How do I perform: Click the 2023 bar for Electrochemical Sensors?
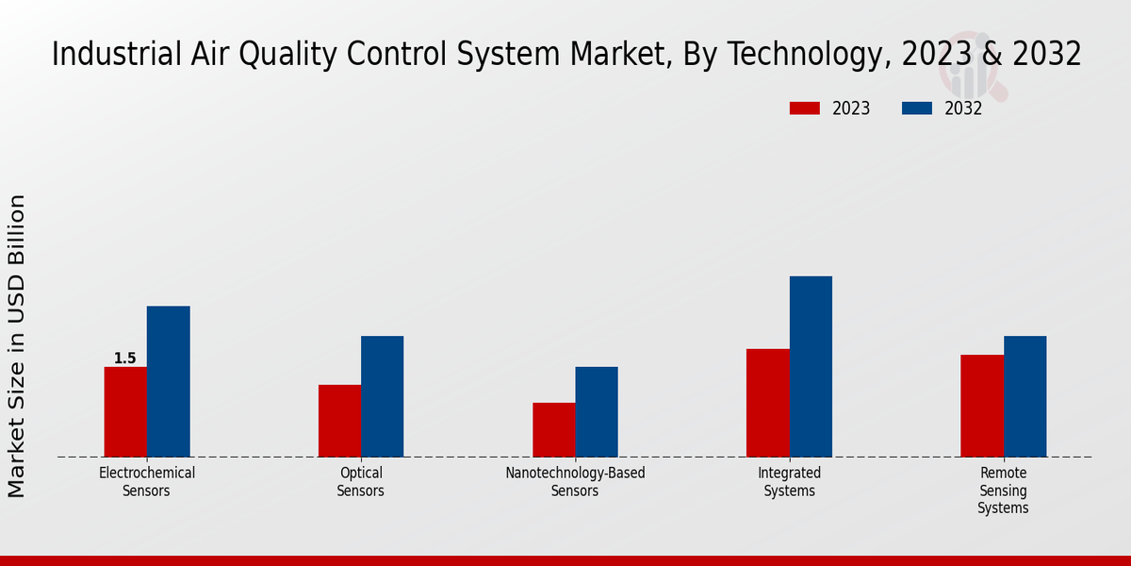(x=125, y=411)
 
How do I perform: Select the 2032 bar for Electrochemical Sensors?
(x=168, y=381)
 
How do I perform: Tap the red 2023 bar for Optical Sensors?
(x=339, y=421)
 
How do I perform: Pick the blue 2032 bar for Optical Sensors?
(x=382, y=396)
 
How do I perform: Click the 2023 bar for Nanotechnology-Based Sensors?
(x=553, y=429)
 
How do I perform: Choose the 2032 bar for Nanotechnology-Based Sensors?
(x=597, y=411)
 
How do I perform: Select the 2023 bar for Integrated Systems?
(x=767, y=403)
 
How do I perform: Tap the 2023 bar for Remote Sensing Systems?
(x=982, y=406)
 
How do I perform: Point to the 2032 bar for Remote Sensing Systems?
(x=1024, y=396)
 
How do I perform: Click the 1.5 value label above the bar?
(x=125, y=358)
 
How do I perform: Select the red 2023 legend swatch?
(x=805, y=108)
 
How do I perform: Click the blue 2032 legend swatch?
(x=917, y=108)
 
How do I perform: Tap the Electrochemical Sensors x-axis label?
(x=147, y=481)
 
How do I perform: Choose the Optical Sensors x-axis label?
(x=361, y=481)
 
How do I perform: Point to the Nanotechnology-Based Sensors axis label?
(x=575, y=481)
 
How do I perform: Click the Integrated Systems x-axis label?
(x=790, y=481)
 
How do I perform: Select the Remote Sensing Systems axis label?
(x=1003, y=491)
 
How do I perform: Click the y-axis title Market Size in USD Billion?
(x=17, y=345)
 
